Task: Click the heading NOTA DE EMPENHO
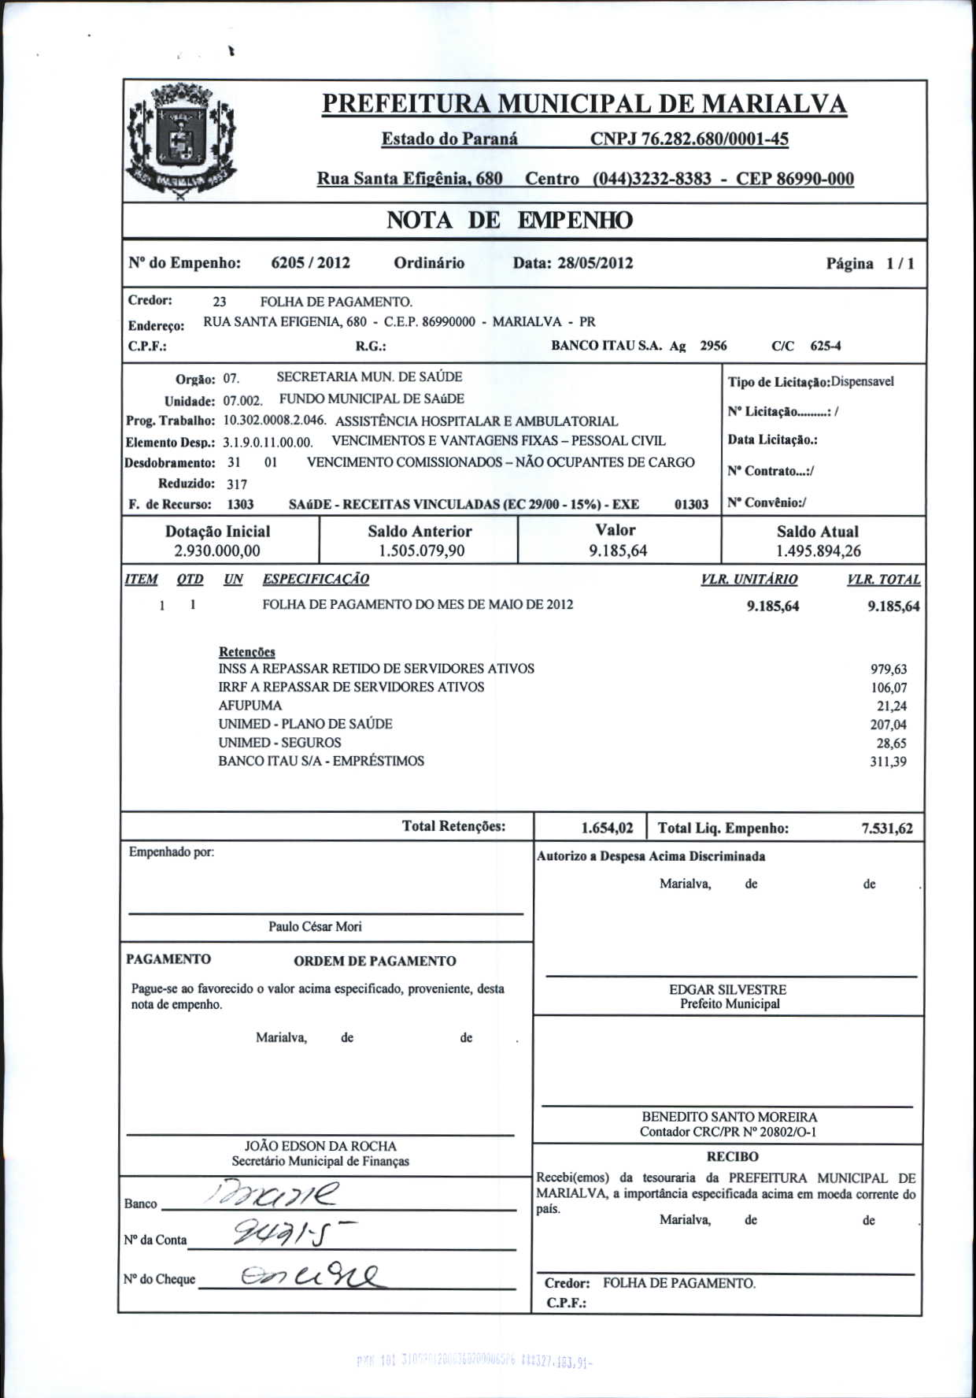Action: point(508,221)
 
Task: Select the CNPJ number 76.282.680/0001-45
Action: point(689,139)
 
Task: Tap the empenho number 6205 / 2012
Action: point(310,263)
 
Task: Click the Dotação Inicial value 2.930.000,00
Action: point(217,551)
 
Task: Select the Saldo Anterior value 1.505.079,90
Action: point(421,551)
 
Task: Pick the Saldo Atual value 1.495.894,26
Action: point(818,551)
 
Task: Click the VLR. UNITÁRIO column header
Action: point(749,580)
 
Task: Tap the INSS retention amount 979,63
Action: point(888,669)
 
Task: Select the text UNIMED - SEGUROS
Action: point(279,743)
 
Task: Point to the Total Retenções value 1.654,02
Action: point(607,828)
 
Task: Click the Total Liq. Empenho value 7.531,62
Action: point(887,828)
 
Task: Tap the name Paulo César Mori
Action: point(315,927)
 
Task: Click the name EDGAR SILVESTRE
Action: point(727,989)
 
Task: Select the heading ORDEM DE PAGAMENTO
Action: point(375,961)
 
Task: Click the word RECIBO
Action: point(732,1157)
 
